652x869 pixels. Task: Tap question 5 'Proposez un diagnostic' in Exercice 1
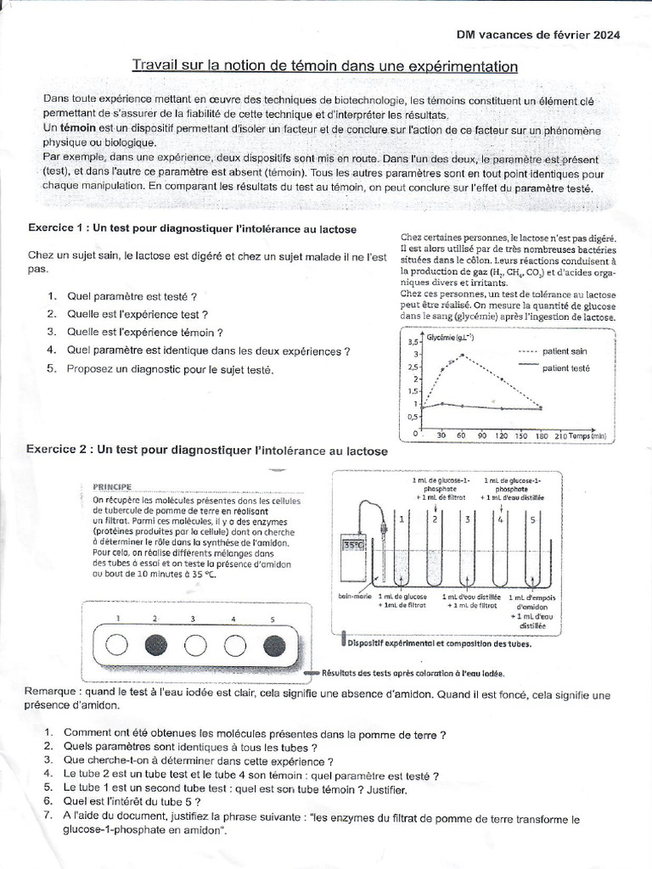point(170,369)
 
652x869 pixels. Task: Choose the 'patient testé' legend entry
point(565,367)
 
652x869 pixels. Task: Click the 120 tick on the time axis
point(501,434)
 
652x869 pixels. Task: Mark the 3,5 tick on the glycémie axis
point(413,340)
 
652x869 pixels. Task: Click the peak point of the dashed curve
point(462,355)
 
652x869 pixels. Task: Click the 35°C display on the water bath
point(351,546)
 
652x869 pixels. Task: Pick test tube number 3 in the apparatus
point(467,552)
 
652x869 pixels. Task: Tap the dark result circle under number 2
point(155,646)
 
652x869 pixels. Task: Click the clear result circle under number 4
point(233,646)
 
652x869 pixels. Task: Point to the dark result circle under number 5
point(273,646)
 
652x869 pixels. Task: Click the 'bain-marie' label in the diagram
point(355,597)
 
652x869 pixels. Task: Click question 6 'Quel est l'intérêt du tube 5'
point(132,800)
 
